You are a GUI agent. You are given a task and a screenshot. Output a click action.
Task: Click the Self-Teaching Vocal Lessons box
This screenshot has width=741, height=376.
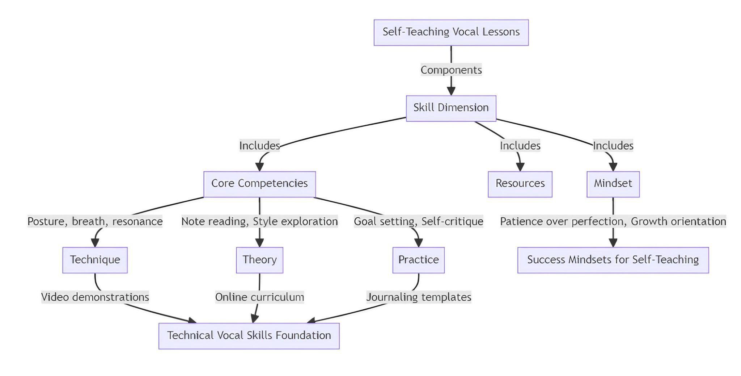coord(451,32)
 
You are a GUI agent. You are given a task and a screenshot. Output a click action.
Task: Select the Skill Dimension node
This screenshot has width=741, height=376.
coord(451,108)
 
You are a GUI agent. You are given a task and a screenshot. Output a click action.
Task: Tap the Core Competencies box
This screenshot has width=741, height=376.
coord(259,184)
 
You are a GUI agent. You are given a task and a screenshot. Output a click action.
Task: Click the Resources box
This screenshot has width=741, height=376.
coord(520,184)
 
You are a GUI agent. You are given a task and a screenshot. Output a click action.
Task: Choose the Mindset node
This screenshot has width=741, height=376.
coord(613,184)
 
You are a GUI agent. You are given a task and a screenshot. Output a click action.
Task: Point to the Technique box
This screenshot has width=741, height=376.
coord(95,260)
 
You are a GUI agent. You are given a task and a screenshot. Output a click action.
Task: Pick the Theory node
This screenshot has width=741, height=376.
coord(259,260)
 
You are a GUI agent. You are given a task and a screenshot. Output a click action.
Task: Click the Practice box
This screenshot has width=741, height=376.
coord(418,260)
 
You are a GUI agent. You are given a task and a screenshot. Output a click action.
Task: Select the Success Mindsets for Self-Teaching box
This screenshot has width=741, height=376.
coord(613,260)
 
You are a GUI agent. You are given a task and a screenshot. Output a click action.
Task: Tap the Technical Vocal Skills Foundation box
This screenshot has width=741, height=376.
coord(249,336)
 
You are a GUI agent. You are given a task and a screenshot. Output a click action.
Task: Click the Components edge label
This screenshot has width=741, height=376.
coord(451,70)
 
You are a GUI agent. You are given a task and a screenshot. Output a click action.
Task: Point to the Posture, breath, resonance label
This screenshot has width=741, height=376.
coord(95,221)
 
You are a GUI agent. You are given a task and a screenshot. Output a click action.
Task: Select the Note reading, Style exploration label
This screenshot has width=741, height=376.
coord(259,221)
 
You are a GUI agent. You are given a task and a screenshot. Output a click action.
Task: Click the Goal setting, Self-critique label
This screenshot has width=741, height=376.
coord(418,221)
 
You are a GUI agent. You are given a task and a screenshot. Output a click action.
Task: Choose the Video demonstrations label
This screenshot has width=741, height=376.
coord(95,297)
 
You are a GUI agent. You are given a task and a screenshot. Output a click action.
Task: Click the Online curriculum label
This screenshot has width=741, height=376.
coord(259,297)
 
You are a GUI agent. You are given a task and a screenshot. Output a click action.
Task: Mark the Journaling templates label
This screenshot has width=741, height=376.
coord(418,297)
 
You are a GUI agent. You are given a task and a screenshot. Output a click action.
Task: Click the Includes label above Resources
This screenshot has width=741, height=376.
coord(520,146)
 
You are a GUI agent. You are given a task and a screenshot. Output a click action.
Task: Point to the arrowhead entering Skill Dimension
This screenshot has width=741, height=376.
coord(451,91)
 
